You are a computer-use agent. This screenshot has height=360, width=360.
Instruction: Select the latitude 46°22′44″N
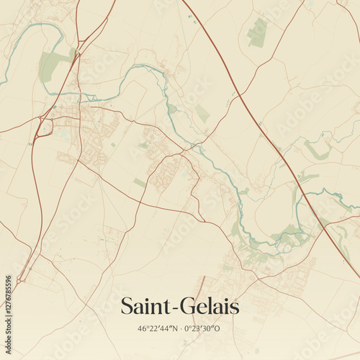coord(156,328)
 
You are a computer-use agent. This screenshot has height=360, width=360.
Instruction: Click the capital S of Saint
coord(127,306)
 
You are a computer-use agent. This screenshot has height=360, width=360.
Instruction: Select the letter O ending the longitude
coord(219,328)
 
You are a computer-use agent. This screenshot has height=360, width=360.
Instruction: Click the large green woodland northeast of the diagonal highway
coord(257,32)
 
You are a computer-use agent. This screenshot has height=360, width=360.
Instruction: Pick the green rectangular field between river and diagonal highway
coord(203,114)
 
